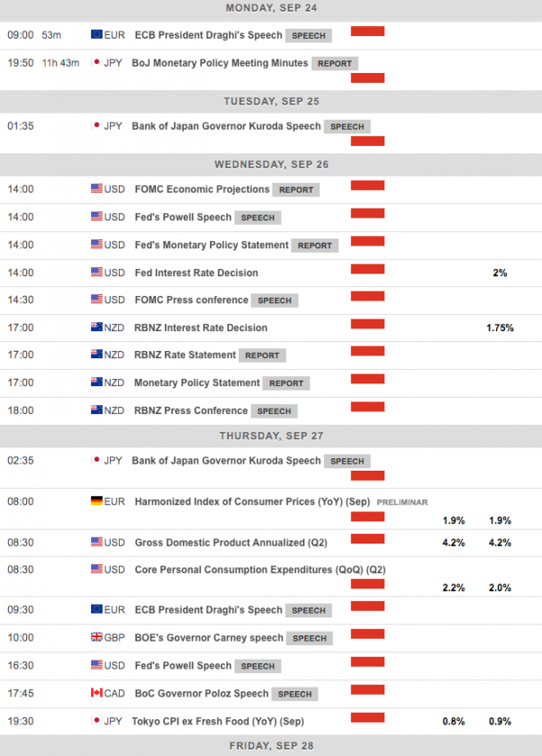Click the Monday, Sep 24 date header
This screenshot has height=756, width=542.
coord(271,8)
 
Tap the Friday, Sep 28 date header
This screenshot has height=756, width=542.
coord(271,747)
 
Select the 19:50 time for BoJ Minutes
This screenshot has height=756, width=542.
coord(21,63)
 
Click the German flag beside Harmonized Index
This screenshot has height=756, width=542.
coord(96,501)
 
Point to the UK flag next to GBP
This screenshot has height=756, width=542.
coord(96,637)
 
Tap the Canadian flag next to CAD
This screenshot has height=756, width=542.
coord(96,693)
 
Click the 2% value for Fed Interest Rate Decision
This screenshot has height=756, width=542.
coord(500,273)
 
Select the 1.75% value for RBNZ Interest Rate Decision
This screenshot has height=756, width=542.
coord(500,328)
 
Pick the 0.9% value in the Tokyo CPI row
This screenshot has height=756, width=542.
coord(500,721)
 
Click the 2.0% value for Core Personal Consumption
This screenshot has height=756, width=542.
coord(500,588)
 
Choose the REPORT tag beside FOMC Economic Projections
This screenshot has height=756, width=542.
coord(296,190)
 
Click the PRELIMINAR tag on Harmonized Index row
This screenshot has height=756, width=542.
coord(402,502)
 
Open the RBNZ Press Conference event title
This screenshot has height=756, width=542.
coord(190,410)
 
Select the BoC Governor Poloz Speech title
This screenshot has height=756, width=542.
coord(201,693)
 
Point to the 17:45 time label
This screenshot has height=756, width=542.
coord(21,693)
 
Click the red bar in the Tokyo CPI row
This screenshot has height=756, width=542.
coord(367,717)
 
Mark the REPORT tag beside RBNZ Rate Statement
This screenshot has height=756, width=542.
coord(262,355)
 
